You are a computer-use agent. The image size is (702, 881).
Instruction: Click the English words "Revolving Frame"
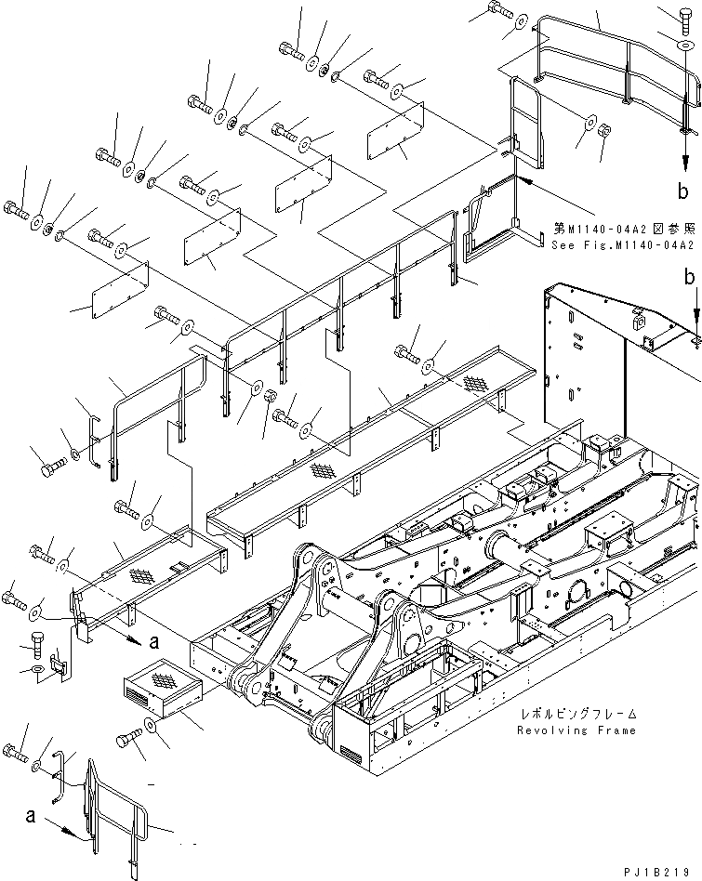[576, 730]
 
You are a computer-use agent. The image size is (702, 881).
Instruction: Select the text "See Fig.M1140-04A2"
[622, 245]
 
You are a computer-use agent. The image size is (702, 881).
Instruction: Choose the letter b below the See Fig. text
[690, 276]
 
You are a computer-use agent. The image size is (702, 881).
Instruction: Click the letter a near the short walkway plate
[154, 639]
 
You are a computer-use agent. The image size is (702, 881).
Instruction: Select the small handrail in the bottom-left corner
[116, 818]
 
